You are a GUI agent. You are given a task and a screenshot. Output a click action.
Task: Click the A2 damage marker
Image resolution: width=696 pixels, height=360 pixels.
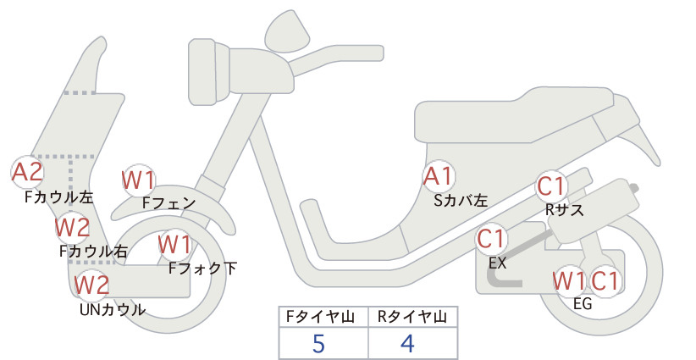(x=27, y=172)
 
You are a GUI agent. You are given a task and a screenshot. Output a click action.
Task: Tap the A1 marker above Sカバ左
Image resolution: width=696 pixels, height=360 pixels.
(x=439, y=176)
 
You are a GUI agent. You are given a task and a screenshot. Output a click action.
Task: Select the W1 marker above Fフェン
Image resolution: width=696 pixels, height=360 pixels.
(x=139, y=180)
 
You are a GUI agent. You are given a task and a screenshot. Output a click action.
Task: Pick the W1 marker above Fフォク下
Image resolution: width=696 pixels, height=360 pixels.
(x=175, y=245)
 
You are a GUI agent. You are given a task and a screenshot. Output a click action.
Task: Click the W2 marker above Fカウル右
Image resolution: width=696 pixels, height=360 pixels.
(x=72, y=227)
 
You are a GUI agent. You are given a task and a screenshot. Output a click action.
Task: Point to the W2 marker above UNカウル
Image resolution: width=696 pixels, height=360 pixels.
(x=91, y=285)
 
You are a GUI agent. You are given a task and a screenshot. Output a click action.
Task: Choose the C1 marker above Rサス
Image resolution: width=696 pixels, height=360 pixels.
(x=551, y=186)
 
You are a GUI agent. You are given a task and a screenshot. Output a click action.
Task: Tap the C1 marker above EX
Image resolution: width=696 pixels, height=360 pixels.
(x=491, y=239)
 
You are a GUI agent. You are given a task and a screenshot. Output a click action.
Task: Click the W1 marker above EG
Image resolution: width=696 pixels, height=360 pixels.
(x=569, y=280)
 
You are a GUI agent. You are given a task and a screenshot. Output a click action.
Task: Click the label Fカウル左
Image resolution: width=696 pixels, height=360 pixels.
(x=59, y=197)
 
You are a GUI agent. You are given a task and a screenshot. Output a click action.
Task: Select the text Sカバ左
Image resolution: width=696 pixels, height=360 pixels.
(x=461, y=201)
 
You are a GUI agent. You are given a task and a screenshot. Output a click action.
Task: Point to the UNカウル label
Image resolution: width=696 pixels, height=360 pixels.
(x=113, y=309)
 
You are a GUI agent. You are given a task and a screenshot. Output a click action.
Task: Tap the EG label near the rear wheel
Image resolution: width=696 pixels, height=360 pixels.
(x=583, y=303)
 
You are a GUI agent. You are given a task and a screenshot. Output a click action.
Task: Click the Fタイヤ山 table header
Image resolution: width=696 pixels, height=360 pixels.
(x=320, y=317)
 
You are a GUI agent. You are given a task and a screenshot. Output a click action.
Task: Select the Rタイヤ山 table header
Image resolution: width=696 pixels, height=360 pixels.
(x=412, y=317)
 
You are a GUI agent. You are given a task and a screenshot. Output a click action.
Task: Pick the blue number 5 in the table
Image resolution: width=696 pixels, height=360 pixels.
(x=318, y=343)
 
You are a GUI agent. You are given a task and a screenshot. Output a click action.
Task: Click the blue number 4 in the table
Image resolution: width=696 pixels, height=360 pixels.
(x=407, y=343)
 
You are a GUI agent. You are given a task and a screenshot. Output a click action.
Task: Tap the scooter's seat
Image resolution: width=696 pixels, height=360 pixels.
(x=515, y=116)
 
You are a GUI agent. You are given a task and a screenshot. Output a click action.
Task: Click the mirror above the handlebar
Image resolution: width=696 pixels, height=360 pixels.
(x=287, y=31)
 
